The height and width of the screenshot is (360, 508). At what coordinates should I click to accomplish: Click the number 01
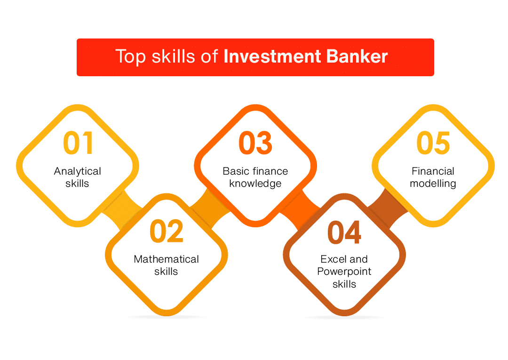(79, 143)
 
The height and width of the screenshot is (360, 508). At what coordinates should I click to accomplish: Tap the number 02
(167, 231)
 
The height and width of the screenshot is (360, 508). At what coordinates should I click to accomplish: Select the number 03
(255, 143)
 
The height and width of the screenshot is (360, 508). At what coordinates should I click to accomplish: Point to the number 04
(344, 232)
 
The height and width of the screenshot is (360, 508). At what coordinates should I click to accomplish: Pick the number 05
(433, 143)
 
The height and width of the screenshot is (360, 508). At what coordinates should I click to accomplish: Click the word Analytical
(78, 171)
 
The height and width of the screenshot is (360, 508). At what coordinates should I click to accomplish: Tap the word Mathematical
(166, 259)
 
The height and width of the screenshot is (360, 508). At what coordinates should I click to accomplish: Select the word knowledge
(255, 184)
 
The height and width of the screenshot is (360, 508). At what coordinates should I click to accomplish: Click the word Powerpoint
(344, 272)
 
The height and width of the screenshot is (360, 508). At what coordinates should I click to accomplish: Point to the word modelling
(433, 184)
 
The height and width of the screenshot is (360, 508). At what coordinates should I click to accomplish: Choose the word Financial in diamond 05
(433, 171)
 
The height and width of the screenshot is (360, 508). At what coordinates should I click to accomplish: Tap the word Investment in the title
(272, 56)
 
